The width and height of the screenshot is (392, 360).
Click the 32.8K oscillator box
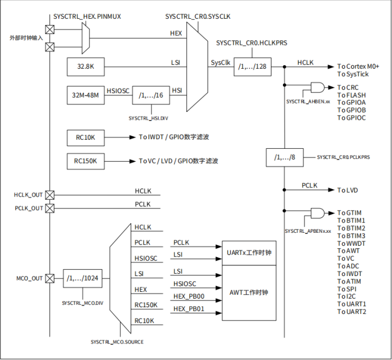[85, 67]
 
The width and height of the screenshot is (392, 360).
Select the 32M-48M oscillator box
[85, 95]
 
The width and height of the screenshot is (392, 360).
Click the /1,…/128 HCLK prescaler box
[252, 67]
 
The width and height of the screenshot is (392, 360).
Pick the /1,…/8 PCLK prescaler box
[285, 157]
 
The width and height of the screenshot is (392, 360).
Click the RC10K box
[85, 137]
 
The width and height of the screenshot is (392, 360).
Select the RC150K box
[85, 161]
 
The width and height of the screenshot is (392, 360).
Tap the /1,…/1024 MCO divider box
[82, 278]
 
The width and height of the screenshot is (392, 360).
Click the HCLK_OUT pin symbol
[50, 195]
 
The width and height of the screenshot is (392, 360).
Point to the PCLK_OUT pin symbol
[50, 208]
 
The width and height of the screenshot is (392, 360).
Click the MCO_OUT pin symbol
[50, 278]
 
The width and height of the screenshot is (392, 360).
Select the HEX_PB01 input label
[189, 309]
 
